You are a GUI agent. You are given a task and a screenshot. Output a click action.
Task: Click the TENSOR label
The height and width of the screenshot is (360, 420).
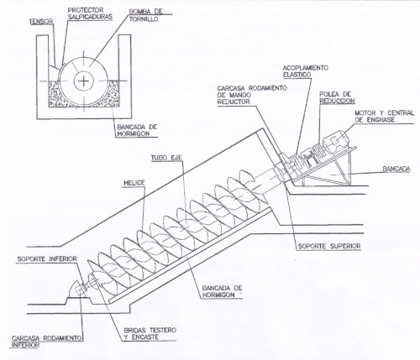point(41,22)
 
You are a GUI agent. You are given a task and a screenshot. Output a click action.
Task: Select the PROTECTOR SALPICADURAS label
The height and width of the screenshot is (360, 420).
point(90,13)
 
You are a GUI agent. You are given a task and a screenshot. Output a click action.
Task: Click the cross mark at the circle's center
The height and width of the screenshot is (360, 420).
point(83,81)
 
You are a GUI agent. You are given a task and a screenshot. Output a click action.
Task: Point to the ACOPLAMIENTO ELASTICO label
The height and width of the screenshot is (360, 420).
point(305,71)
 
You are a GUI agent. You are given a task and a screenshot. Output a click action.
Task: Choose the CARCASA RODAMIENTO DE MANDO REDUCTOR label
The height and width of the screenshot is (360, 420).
point(252,95)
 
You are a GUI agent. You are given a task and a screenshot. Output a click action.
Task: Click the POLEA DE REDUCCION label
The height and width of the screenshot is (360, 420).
point(337,97)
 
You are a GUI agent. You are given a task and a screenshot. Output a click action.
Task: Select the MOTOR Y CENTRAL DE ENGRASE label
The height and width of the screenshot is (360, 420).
point(384,116)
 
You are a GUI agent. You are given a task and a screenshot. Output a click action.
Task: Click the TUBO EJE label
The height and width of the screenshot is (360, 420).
point(166,158)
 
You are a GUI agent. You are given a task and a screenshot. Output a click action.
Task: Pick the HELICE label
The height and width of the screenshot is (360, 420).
point(134,183)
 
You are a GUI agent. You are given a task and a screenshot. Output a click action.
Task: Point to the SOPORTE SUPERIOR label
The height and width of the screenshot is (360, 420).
point(329,246)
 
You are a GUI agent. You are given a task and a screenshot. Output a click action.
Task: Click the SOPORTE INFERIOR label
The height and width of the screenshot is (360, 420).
point(47,258)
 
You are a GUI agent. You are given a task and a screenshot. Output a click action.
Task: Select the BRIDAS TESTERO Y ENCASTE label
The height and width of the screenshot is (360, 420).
point(150,333)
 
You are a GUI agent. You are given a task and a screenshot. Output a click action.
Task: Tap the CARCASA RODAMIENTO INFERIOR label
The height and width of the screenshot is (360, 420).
point(47,342)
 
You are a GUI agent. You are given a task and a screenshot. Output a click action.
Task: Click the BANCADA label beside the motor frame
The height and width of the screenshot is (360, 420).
point(396,169)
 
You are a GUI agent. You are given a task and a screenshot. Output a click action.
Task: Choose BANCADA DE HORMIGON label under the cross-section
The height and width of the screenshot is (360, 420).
point(137,130)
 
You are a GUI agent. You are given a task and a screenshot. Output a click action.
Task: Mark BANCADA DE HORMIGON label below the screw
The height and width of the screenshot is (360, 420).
point(222,291)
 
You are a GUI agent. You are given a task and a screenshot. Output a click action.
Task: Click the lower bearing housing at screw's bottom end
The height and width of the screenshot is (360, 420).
point(81,289)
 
